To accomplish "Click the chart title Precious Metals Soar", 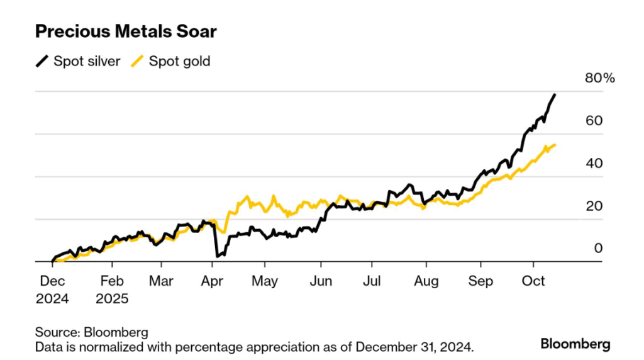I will [x=126, y=31].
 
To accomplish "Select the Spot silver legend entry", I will [x=78, y=61].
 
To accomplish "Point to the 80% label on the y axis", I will [x=600, y=79].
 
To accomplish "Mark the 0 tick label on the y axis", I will [x=599, y=249].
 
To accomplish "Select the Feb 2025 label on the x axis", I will [x=112, y=289].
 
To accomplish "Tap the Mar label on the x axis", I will [x=162, y=280].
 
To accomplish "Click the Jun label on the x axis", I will [x=321, y=280].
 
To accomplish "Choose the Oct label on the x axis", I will [x=533, y=280].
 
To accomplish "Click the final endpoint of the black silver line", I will [x=555, y=95].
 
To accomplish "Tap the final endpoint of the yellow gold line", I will [x=555, y=145].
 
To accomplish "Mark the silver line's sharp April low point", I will [x=217, y=256].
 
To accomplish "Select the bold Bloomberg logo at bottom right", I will [x=575, y=344].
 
